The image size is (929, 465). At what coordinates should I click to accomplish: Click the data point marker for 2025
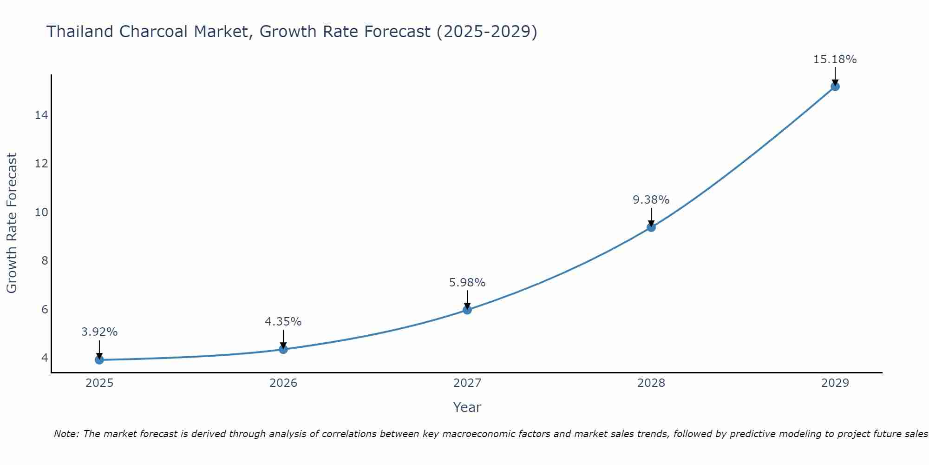99,359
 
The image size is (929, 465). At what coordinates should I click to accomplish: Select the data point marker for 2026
283,349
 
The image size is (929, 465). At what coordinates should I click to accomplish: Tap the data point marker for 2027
467,310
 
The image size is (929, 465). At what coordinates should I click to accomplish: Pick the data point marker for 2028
651,227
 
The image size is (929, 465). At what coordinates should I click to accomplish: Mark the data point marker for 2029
835,86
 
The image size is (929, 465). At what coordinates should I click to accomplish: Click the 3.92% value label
99,332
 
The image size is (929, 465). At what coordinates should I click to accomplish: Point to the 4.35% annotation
283,321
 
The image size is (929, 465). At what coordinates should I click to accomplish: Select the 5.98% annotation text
467,282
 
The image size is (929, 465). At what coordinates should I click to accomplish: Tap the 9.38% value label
651,199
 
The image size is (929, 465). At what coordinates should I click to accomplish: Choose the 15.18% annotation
835,59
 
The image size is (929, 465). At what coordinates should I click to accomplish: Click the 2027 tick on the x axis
467,383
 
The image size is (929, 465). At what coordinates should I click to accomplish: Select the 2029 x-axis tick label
835,383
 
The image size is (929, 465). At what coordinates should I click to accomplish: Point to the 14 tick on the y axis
41,115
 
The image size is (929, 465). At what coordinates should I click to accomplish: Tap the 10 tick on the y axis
41,212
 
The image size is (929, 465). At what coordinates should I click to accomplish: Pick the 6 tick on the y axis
45,309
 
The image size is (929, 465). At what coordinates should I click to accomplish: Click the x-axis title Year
467,407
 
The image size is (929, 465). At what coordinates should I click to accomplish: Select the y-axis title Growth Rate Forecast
12,223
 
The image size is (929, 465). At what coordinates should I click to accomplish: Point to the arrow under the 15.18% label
835,76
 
